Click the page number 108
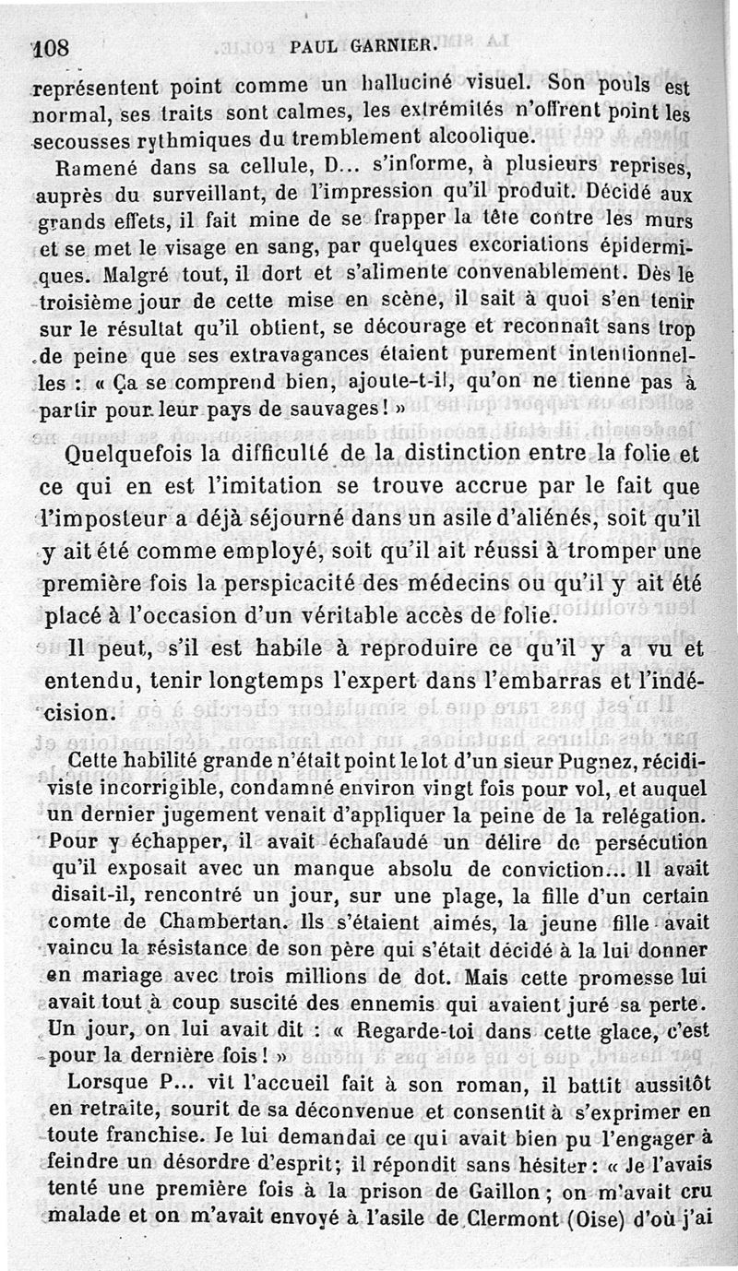pyautogui.click(x=52, y=49)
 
